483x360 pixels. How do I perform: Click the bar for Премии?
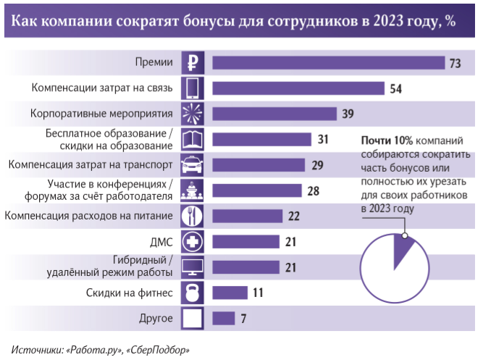pos(327,63)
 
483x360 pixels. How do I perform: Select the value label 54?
pos(395,89)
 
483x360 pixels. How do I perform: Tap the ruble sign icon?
pos(193,63)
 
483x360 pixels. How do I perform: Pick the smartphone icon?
pos(193,88)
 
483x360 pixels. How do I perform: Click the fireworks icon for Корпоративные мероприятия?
pos(193,114)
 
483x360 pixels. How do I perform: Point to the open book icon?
pos(193,139)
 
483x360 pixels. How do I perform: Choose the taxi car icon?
pos(193,164)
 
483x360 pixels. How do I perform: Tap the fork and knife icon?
pos(193,216)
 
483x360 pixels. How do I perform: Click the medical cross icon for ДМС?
pos(193,241)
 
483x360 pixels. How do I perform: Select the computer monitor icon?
pos(193,267)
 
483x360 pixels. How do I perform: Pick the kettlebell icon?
pos(193,293)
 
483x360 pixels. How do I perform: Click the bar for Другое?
pos(223,318)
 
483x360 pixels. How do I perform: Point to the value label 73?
pos(455,64)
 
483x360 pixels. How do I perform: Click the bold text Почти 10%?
pos(386,140)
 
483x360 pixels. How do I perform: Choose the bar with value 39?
pos(274,114)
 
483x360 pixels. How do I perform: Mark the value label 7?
pos(244,319)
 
